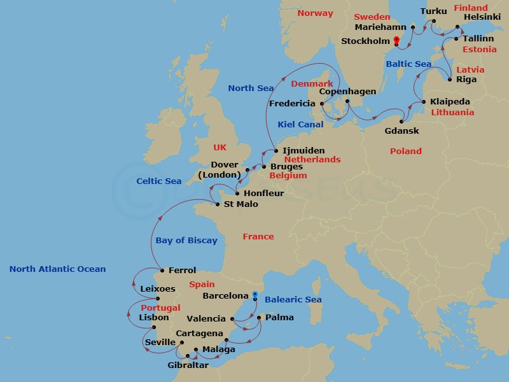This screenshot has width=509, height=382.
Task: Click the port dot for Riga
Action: (x=450, y=80)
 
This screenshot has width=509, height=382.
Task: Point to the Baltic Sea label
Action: (x=408, y=64)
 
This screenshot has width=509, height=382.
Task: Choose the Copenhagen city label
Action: (x=347, y=92)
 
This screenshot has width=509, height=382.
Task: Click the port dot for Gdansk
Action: (x=401, y=122)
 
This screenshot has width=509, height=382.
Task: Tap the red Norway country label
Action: (x=316, y=13)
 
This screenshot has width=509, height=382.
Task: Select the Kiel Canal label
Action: (x=300, y=125)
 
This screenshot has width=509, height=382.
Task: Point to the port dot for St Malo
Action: (x=218, y=204)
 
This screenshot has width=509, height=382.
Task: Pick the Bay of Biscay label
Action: (x=186, y=240)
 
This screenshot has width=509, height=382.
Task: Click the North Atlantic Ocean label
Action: (x=57, y=269)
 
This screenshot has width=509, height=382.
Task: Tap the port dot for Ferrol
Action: (x=162, y=270)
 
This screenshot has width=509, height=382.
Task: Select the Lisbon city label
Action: (x=153, y=317)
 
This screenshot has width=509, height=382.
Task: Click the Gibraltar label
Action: (x=188, y=365)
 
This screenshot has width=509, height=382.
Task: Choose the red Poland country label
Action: (x=406, y=151)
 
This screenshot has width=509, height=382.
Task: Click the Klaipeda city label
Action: (x=450, y=101)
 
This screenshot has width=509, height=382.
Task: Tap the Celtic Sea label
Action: (x=159, y=181)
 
